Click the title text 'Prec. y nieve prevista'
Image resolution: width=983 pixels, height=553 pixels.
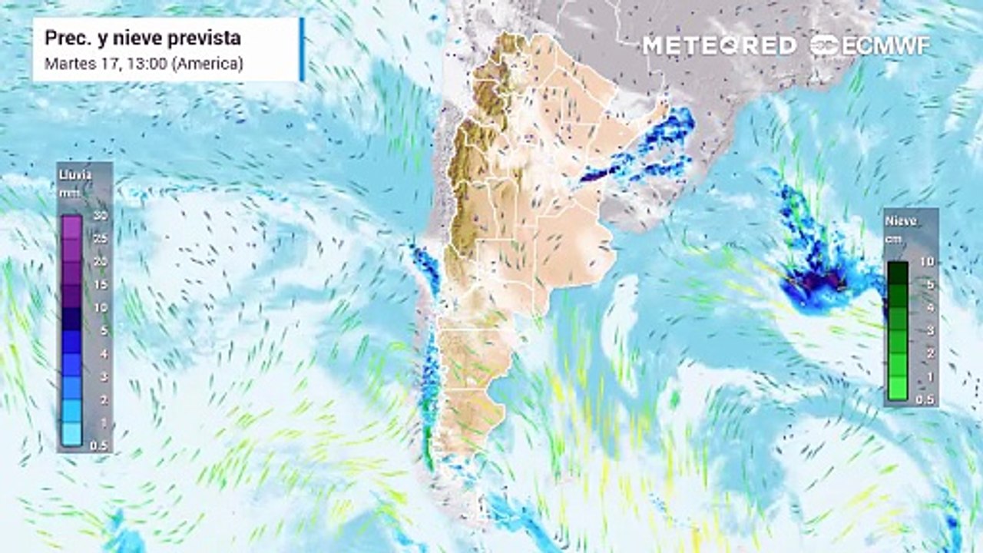tap(143, 38)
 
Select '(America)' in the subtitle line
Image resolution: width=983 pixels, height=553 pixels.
tap(207, 64)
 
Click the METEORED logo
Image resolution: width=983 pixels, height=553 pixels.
tap(719, 45)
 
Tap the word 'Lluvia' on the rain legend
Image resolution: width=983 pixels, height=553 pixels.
tap(75, 175)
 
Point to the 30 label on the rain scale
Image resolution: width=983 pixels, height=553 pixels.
tap(100, 216)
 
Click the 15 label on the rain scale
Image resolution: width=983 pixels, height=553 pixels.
tap(100, 285)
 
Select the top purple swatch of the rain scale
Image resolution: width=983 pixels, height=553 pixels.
tap(71, 227)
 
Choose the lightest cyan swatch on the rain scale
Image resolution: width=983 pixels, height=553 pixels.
tap(71, 435)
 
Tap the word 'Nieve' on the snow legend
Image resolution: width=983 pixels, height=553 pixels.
tap(902, 221)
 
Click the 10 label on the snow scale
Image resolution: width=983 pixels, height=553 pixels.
tap(926, 262)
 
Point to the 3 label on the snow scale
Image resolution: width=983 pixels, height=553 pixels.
tap(928, 331)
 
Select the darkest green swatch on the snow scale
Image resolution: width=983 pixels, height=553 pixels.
tap(898, 273)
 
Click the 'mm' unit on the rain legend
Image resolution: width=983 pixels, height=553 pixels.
tap(68, 192)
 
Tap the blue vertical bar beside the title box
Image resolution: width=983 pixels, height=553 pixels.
tap(302, 49)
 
